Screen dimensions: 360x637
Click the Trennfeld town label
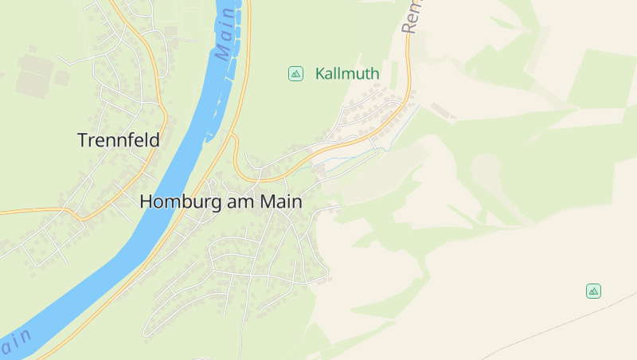[118, 140]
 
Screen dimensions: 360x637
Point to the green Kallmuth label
[347, 74]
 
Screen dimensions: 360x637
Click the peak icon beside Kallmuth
[295, 74]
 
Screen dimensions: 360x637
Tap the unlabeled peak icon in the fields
[593, 291]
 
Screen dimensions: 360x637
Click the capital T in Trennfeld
[84, 140]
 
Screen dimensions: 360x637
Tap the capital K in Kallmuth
[321, 74]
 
